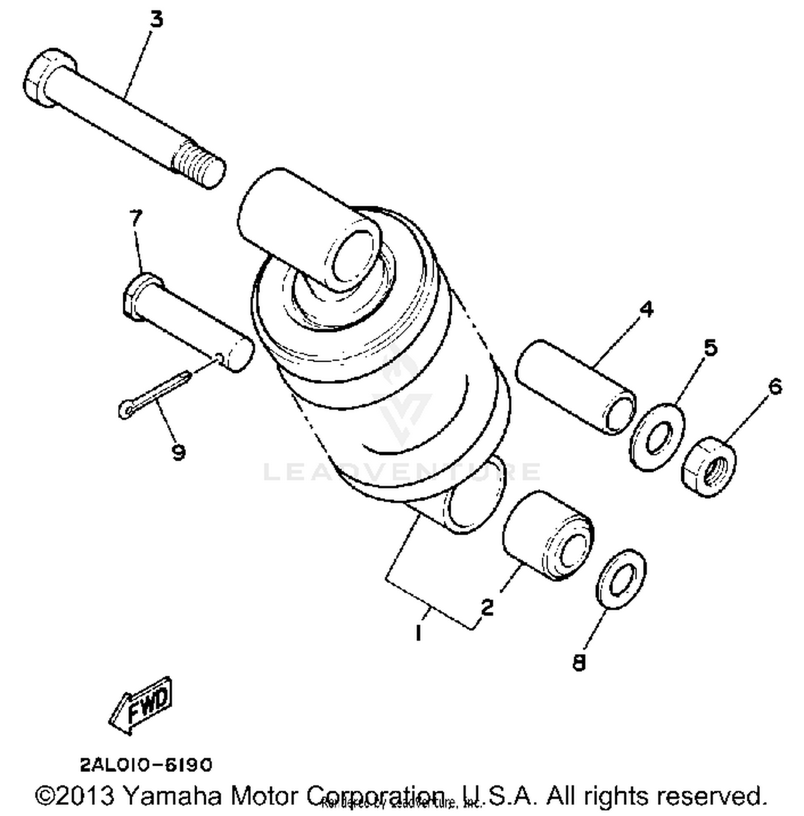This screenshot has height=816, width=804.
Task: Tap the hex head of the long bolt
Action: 40,78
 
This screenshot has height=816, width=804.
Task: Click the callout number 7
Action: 136,218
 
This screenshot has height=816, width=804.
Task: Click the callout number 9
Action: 178,452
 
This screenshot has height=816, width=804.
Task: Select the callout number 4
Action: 646,309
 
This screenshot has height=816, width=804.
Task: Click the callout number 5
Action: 710,347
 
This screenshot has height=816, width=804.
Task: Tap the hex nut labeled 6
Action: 709,468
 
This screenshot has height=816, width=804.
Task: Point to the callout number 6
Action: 776,386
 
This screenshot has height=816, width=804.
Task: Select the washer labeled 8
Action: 621,578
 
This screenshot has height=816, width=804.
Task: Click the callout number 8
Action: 579,663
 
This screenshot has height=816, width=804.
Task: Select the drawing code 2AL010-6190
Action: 146,765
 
